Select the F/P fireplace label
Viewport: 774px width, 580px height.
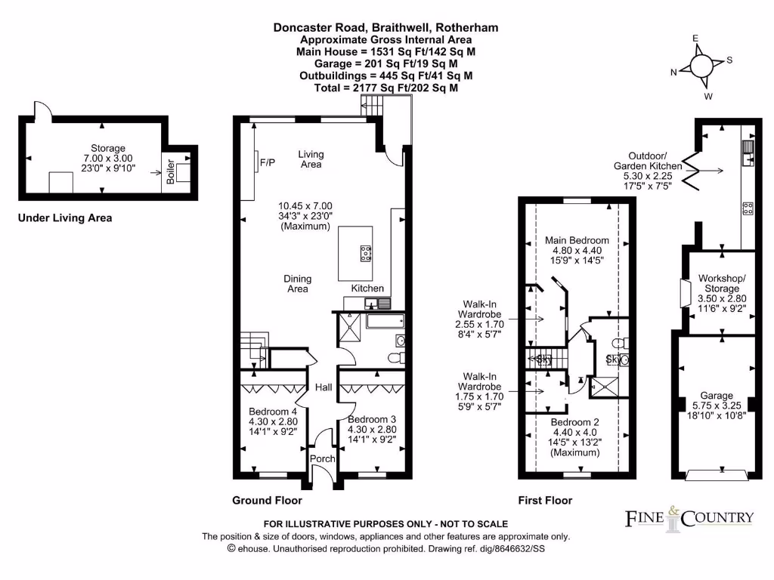tap(267, 162)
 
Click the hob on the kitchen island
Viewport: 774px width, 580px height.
tap(366, 254)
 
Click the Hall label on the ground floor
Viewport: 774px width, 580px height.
tap(324, 387)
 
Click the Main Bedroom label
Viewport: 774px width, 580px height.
tap(577, 241)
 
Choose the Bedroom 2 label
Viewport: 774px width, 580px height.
tap(574, 421)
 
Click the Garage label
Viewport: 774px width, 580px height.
tap(716, 396)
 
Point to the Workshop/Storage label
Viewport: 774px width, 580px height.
tap(721, 283)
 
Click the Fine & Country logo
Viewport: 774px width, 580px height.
tap(689, 518)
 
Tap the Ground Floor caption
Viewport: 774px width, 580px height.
tap(267, 500)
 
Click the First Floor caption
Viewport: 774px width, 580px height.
tap(545, 500)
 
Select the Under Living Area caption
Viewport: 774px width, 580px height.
tap(65, 218)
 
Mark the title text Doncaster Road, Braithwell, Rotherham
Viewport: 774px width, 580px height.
tap(385, 28)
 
